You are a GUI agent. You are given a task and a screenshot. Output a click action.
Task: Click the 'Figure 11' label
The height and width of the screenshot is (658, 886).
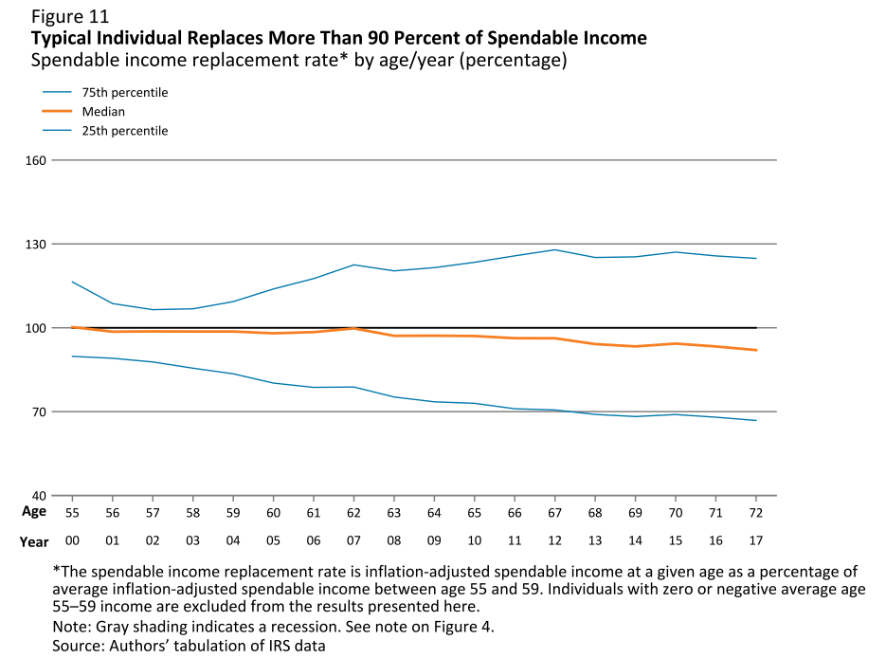(x=71, y=17)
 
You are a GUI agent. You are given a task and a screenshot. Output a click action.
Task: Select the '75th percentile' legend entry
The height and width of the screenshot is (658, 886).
(x=124, y=93)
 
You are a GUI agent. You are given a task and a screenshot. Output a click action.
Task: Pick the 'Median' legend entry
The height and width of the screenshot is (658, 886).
(x=103, y=112)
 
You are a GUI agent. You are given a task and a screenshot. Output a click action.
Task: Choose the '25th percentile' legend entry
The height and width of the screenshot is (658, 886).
(x=124, y=131)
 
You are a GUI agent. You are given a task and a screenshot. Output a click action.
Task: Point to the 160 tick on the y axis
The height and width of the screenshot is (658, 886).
(x=36, y=160)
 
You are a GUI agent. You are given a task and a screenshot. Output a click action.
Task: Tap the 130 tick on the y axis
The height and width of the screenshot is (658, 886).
(x=36, y=245)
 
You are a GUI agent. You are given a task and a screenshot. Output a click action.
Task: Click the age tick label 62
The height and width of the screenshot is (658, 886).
(x=353, y=512)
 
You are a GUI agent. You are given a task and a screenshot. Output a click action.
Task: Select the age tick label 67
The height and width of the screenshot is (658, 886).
(x=554, y=512)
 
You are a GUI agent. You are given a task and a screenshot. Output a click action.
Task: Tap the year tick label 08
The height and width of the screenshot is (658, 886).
(x=393, y=540)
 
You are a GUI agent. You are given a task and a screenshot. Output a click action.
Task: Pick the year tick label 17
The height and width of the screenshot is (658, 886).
(x=755, y=540)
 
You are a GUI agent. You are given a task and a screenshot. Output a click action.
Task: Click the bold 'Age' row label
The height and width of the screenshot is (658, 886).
(x=34, y=511)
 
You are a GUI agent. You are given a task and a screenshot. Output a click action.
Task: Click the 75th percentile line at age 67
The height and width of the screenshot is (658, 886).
(x=554, y=250)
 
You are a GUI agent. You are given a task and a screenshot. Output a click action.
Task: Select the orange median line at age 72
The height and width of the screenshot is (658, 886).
(x=755, y=350)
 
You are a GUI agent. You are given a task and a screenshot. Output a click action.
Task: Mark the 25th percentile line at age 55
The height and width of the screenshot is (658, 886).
(x=73, y=356)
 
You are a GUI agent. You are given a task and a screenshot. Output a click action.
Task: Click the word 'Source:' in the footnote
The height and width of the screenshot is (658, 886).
(x=80, y=646)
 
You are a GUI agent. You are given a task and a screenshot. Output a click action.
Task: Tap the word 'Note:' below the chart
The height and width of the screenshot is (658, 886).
(x=72, y=627)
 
